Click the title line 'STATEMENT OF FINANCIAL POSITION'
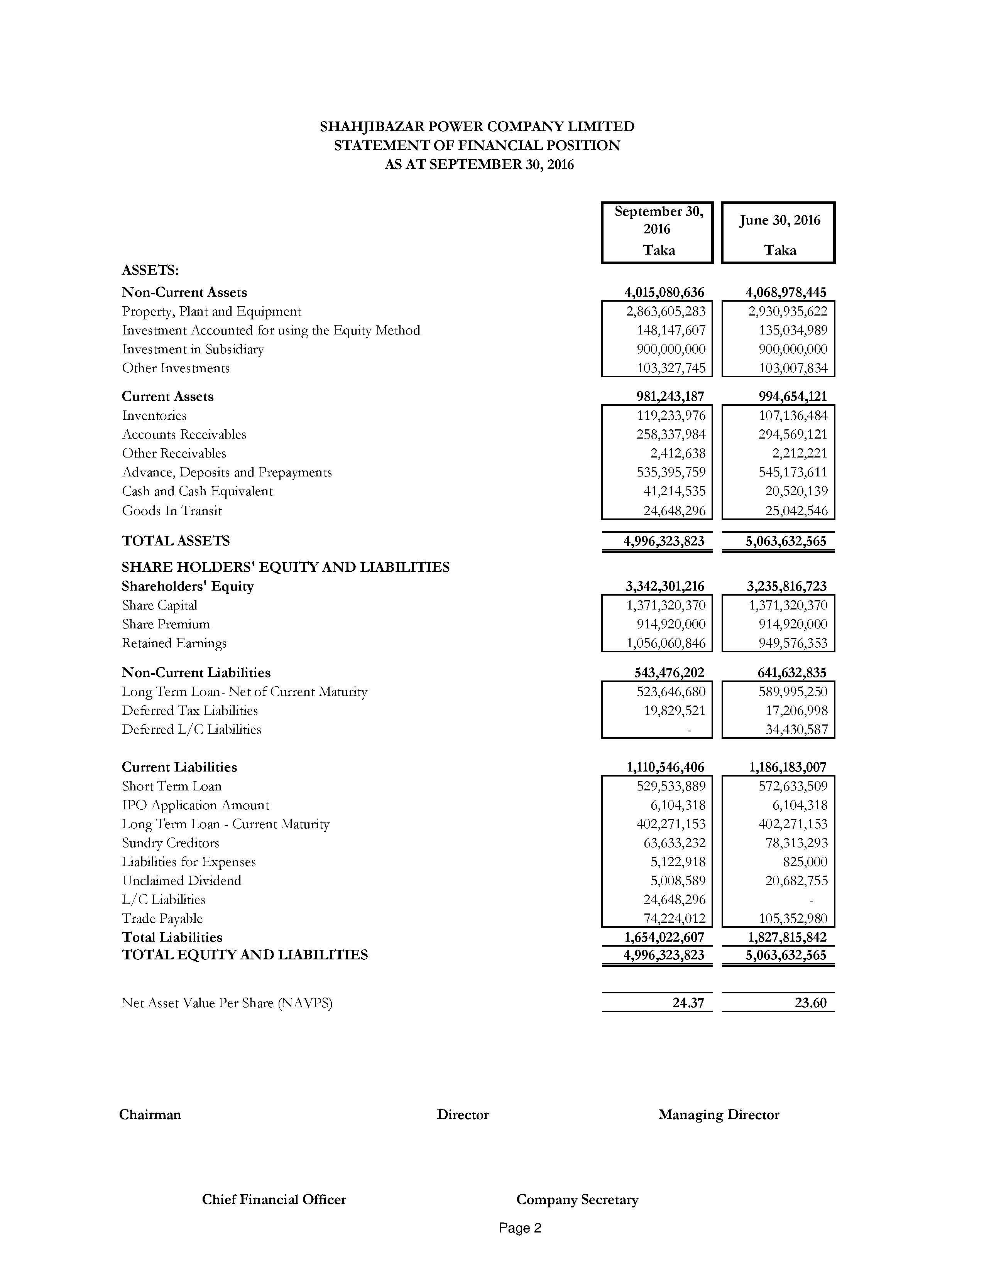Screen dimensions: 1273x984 pyautogui.click(x=477, y=145)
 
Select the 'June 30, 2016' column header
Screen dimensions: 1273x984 pyautogui.click(x=779, y=220)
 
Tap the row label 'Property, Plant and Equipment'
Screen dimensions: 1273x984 pyautogui.click(x=211, y=311)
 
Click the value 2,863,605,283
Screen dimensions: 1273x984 pyautogui.click(x=666, y=311)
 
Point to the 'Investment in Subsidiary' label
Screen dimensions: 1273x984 pyautogui.click(x=193, y=349)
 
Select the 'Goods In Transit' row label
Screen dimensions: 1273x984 pyautogui.click(x=172, y=511)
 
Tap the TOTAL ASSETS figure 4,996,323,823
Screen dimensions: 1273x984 pyautogui.click(x=664, y=541)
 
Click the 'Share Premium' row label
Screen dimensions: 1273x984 pyautogui.click(x=166, y=624)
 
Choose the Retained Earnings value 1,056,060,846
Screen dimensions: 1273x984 pyautogui.click(x=666, y=643)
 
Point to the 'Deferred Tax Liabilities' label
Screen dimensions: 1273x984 pyautogui.click(x=189, y=711)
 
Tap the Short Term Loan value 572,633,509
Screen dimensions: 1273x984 pyautogui.click(x=793, y=786)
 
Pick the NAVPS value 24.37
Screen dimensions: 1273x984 pyautogui.click(x=688, y=1003)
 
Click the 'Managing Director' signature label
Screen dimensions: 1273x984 pyautogui.click(x=719, y=1114)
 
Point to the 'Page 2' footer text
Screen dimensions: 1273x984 pyautogui.click(x=520, y=1228)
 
